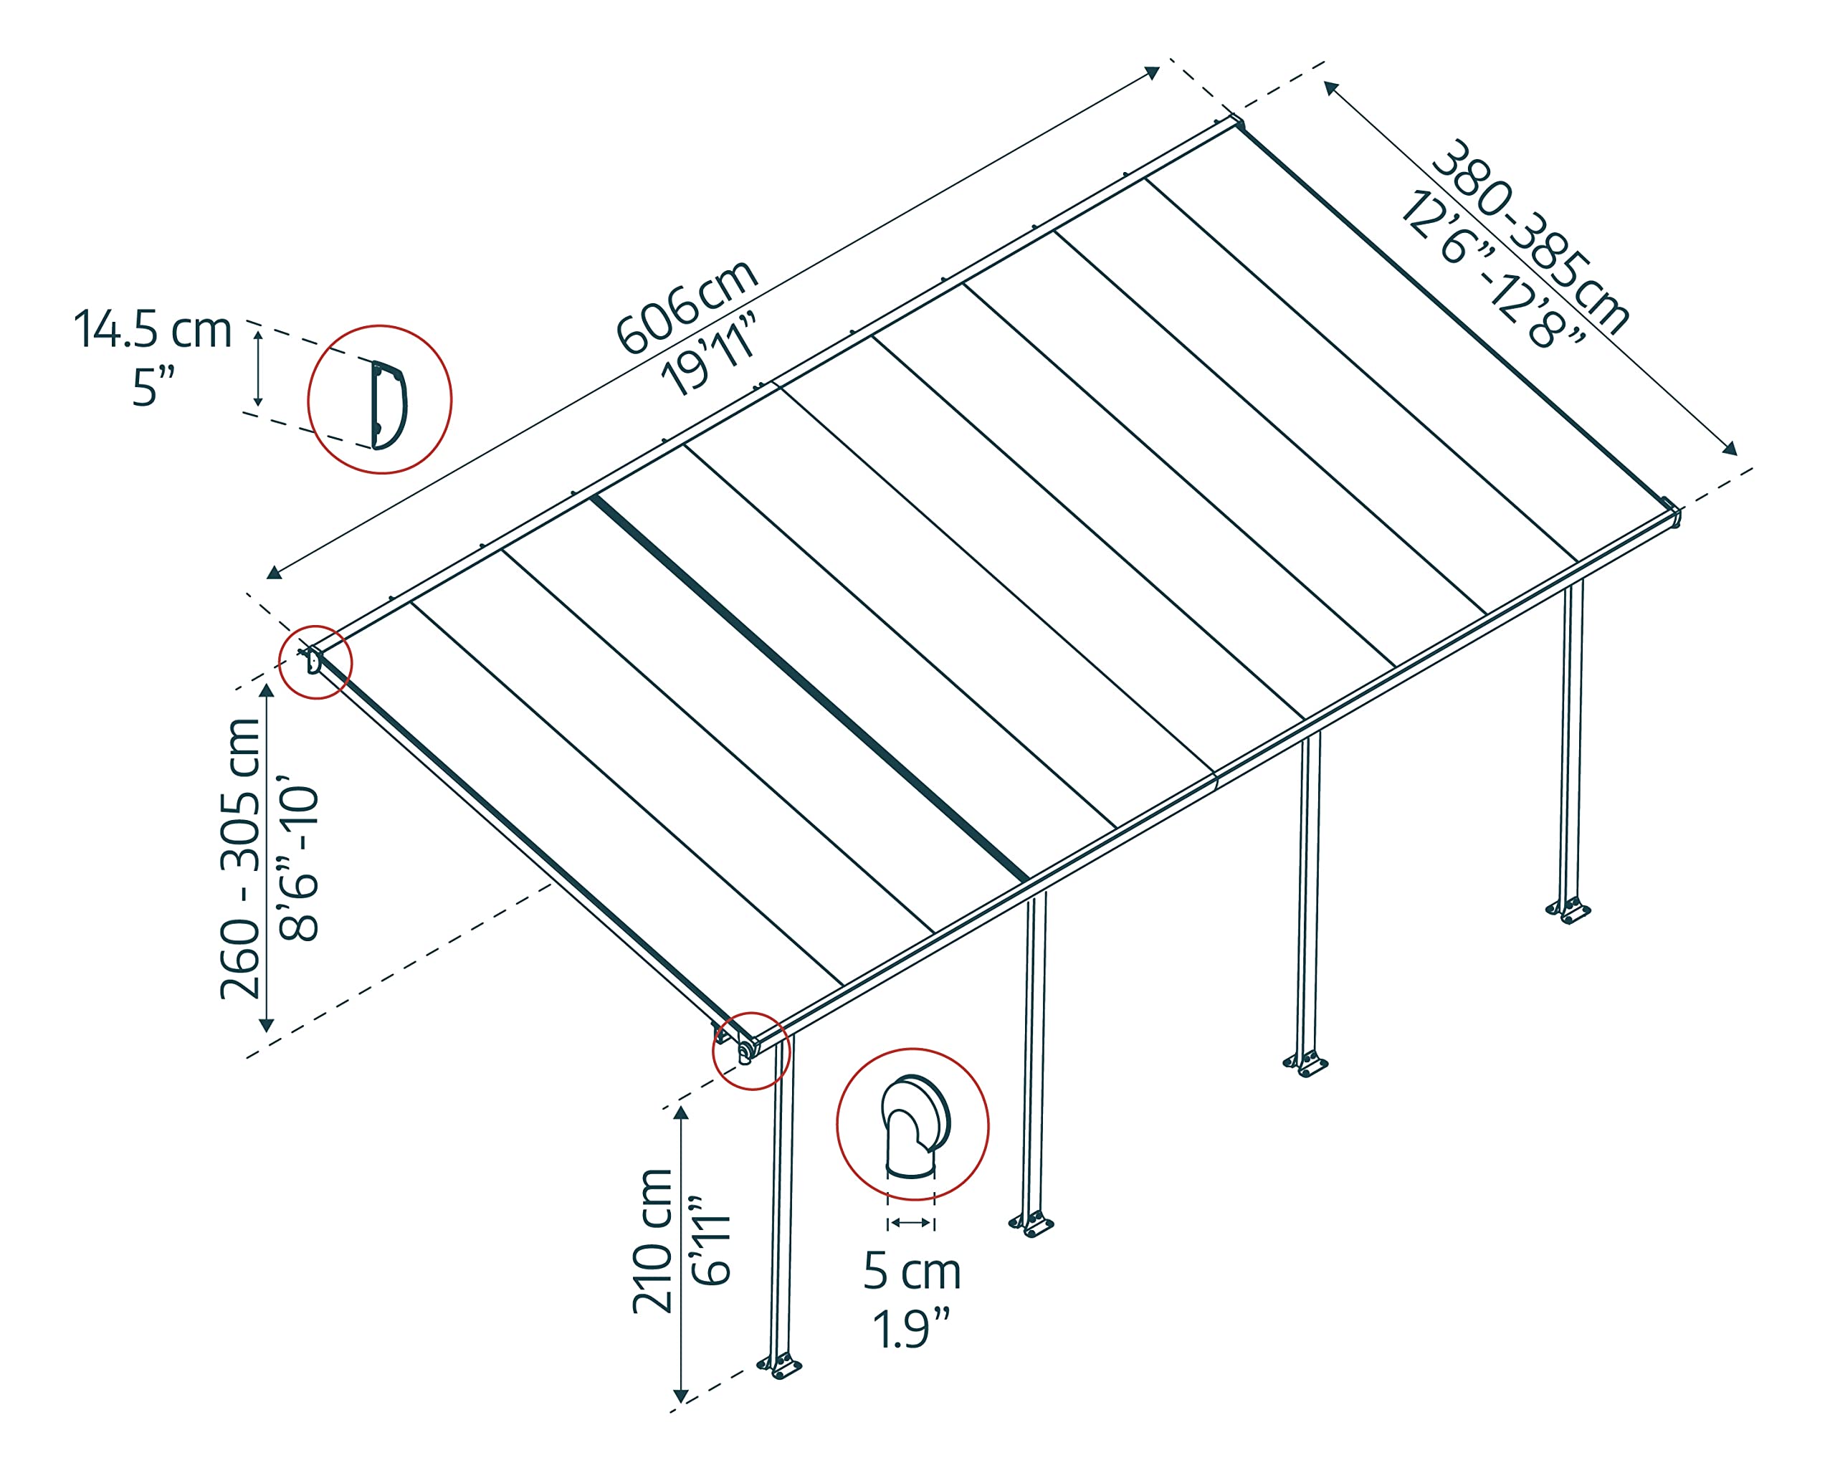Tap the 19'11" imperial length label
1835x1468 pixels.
click(709, 354)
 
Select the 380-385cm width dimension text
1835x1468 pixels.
click(1530, 236)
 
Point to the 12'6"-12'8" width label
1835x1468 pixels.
click(1491, 269)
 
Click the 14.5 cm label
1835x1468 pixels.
click(153, 330)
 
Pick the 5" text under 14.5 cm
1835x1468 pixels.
click(153, 388)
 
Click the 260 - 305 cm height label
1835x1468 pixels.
click(241, 858)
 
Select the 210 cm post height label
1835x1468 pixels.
click(653, 1241)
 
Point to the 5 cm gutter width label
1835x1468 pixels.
click(912, 1272)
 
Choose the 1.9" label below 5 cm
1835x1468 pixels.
click(912, 1328)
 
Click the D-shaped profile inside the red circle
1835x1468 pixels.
click(388, 404)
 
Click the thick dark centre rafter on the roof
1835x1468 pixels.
click(809, 687)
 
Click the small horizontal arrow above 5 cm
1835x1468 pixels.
click(911, 1223)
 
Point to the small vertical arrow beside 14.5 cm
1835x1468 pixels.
click(259, 368)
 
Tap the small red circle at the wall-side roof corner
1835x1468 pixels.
click(316, 662)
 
